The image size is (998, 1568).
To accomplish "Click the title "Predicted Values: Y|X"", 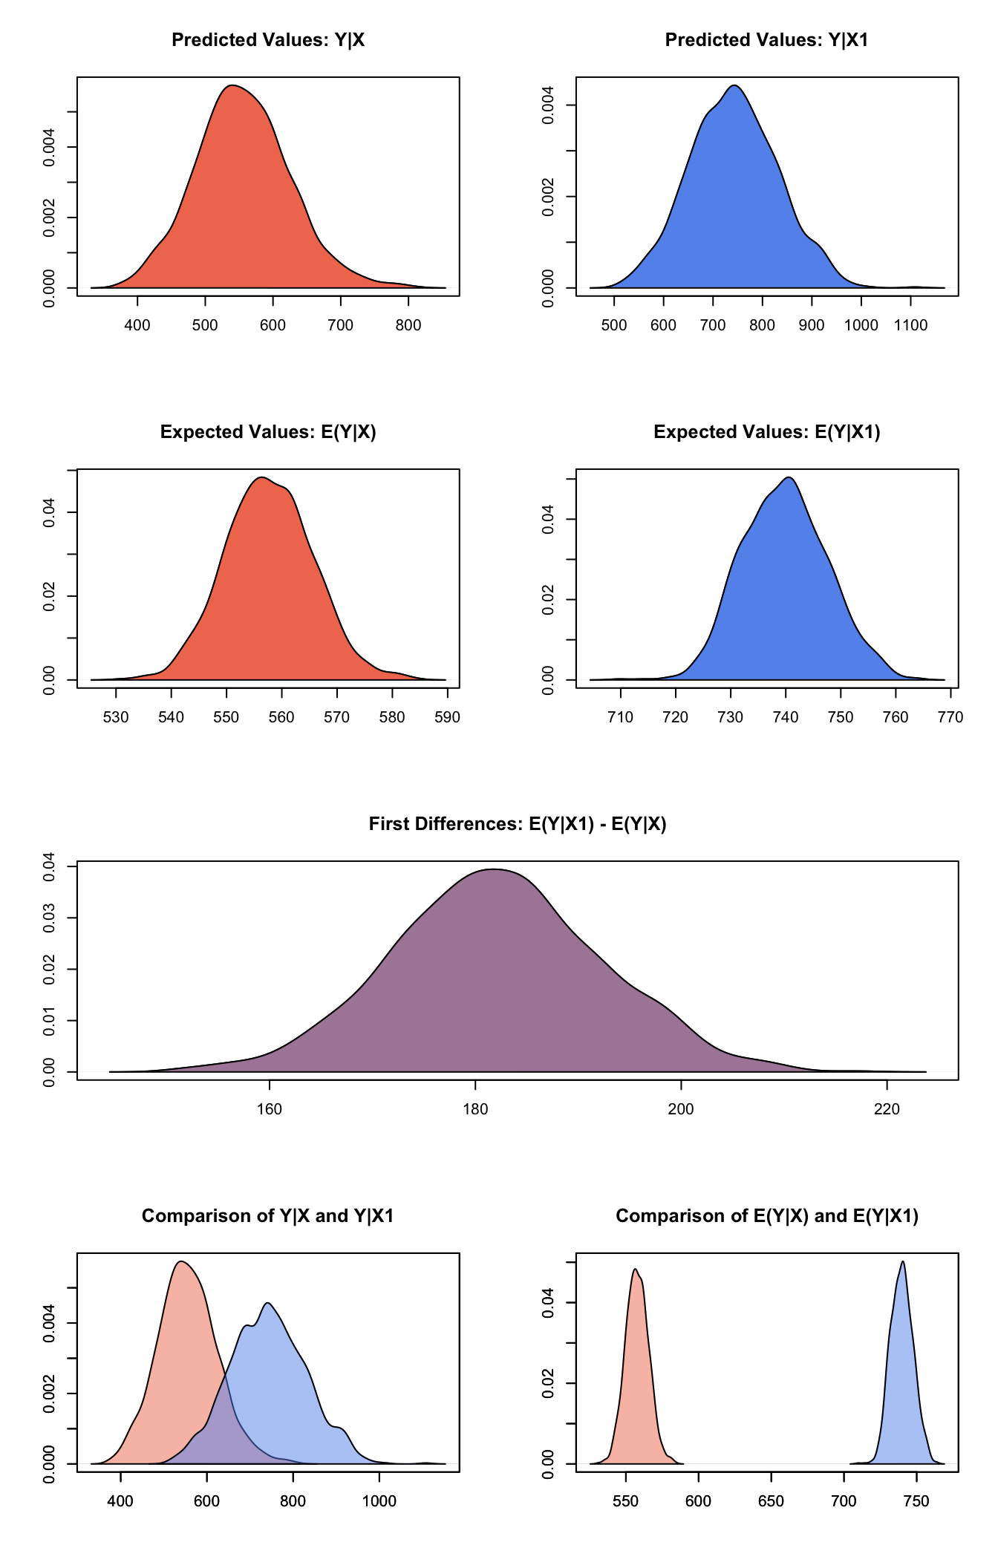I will (268, 40).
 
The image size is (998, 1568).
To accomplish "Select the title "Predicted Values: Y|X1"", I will (766, 40).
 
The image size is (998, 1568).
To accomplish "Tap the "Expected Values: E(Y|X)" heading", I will (268, 432).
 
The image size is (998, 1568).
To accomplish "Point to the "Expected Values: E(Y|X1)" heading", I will (766, 432).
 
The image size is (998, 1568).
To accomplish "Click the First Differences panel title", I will (518, 824).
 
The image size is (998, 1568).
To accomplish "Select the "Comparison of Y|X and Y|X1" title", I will (268, 1216).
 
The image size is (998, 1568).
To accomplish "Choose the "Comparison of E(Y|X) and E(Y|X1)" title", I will (766, 1216).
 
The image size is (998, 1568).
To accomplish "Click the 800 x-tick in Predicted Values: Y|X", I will (408, 325).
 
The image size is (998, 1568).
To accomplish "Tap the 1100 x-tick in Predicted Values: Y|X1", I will (910, 325).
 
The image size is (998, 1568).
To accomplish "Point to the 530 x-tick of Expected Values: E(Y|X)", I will (116, 717).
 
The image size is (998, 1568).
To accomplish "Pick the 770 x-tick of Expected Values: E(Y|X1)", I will (950, 717).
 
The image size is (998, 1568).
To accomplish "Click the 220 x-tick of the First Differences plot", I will (887, 1109).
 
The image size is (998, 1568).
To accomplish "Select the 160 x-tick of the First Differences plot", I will (269, 1109).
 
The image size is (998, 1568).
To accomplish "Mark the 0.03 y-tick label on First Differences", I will (49, 918).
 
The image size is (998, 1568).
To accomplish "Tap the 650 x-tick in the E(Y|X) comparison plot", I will (771, 1501).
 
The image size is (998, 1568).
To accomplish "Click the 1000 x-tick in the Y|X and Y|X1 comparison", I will (379, 1501).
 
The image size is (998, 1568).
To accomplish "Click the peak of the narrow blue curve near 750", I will (902, 1261).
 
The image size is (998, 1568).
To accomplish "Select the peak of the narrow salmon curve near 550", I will (635, 1269).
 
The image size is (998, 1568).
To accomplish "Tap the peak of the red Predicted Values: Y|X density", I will (233, 85).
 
